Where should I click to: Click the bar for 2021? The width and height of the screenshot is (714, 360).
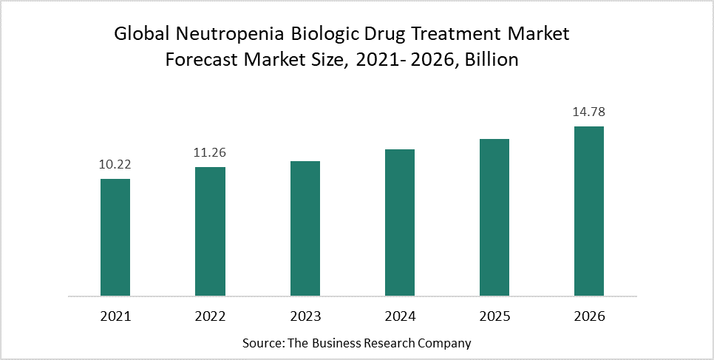pos(115,237)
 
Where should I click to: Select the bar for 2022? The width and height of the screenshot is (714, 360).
pos(210,231)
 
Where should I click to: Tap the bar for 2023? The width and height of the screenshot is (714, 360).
pos(305,228)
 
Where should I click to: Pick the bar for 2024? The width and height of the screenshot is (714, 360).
pos(400,222)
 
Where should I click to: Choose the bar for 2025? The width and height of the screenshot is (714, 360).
pos(494,217)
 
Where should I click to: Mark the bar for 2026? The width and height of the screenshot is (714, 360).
pos(589,211)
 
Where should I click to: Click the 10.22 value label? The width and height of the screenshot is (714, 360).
pos(115,165)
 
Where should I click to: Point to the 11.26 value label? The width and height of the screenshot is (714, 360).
pos(210,153)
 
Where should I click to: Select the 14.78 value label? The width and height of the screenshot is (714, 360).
pos(589,112)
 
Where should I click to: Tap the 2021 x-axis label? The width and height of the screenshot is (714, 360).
pos(115,316)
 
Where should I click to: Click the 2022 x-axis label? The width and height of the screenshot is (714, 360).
pos(210,316)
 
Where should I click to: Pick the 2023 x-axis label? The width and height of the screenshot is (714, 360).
pos(305,316)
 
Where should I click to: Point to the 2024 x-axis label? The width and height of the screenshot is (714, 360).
pos(400,316)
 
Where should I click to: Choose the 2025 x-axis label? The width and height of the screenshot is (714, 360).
pos(494,316)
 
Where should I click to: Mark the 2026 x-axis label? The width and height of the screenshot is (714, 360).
pos(589,316)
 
